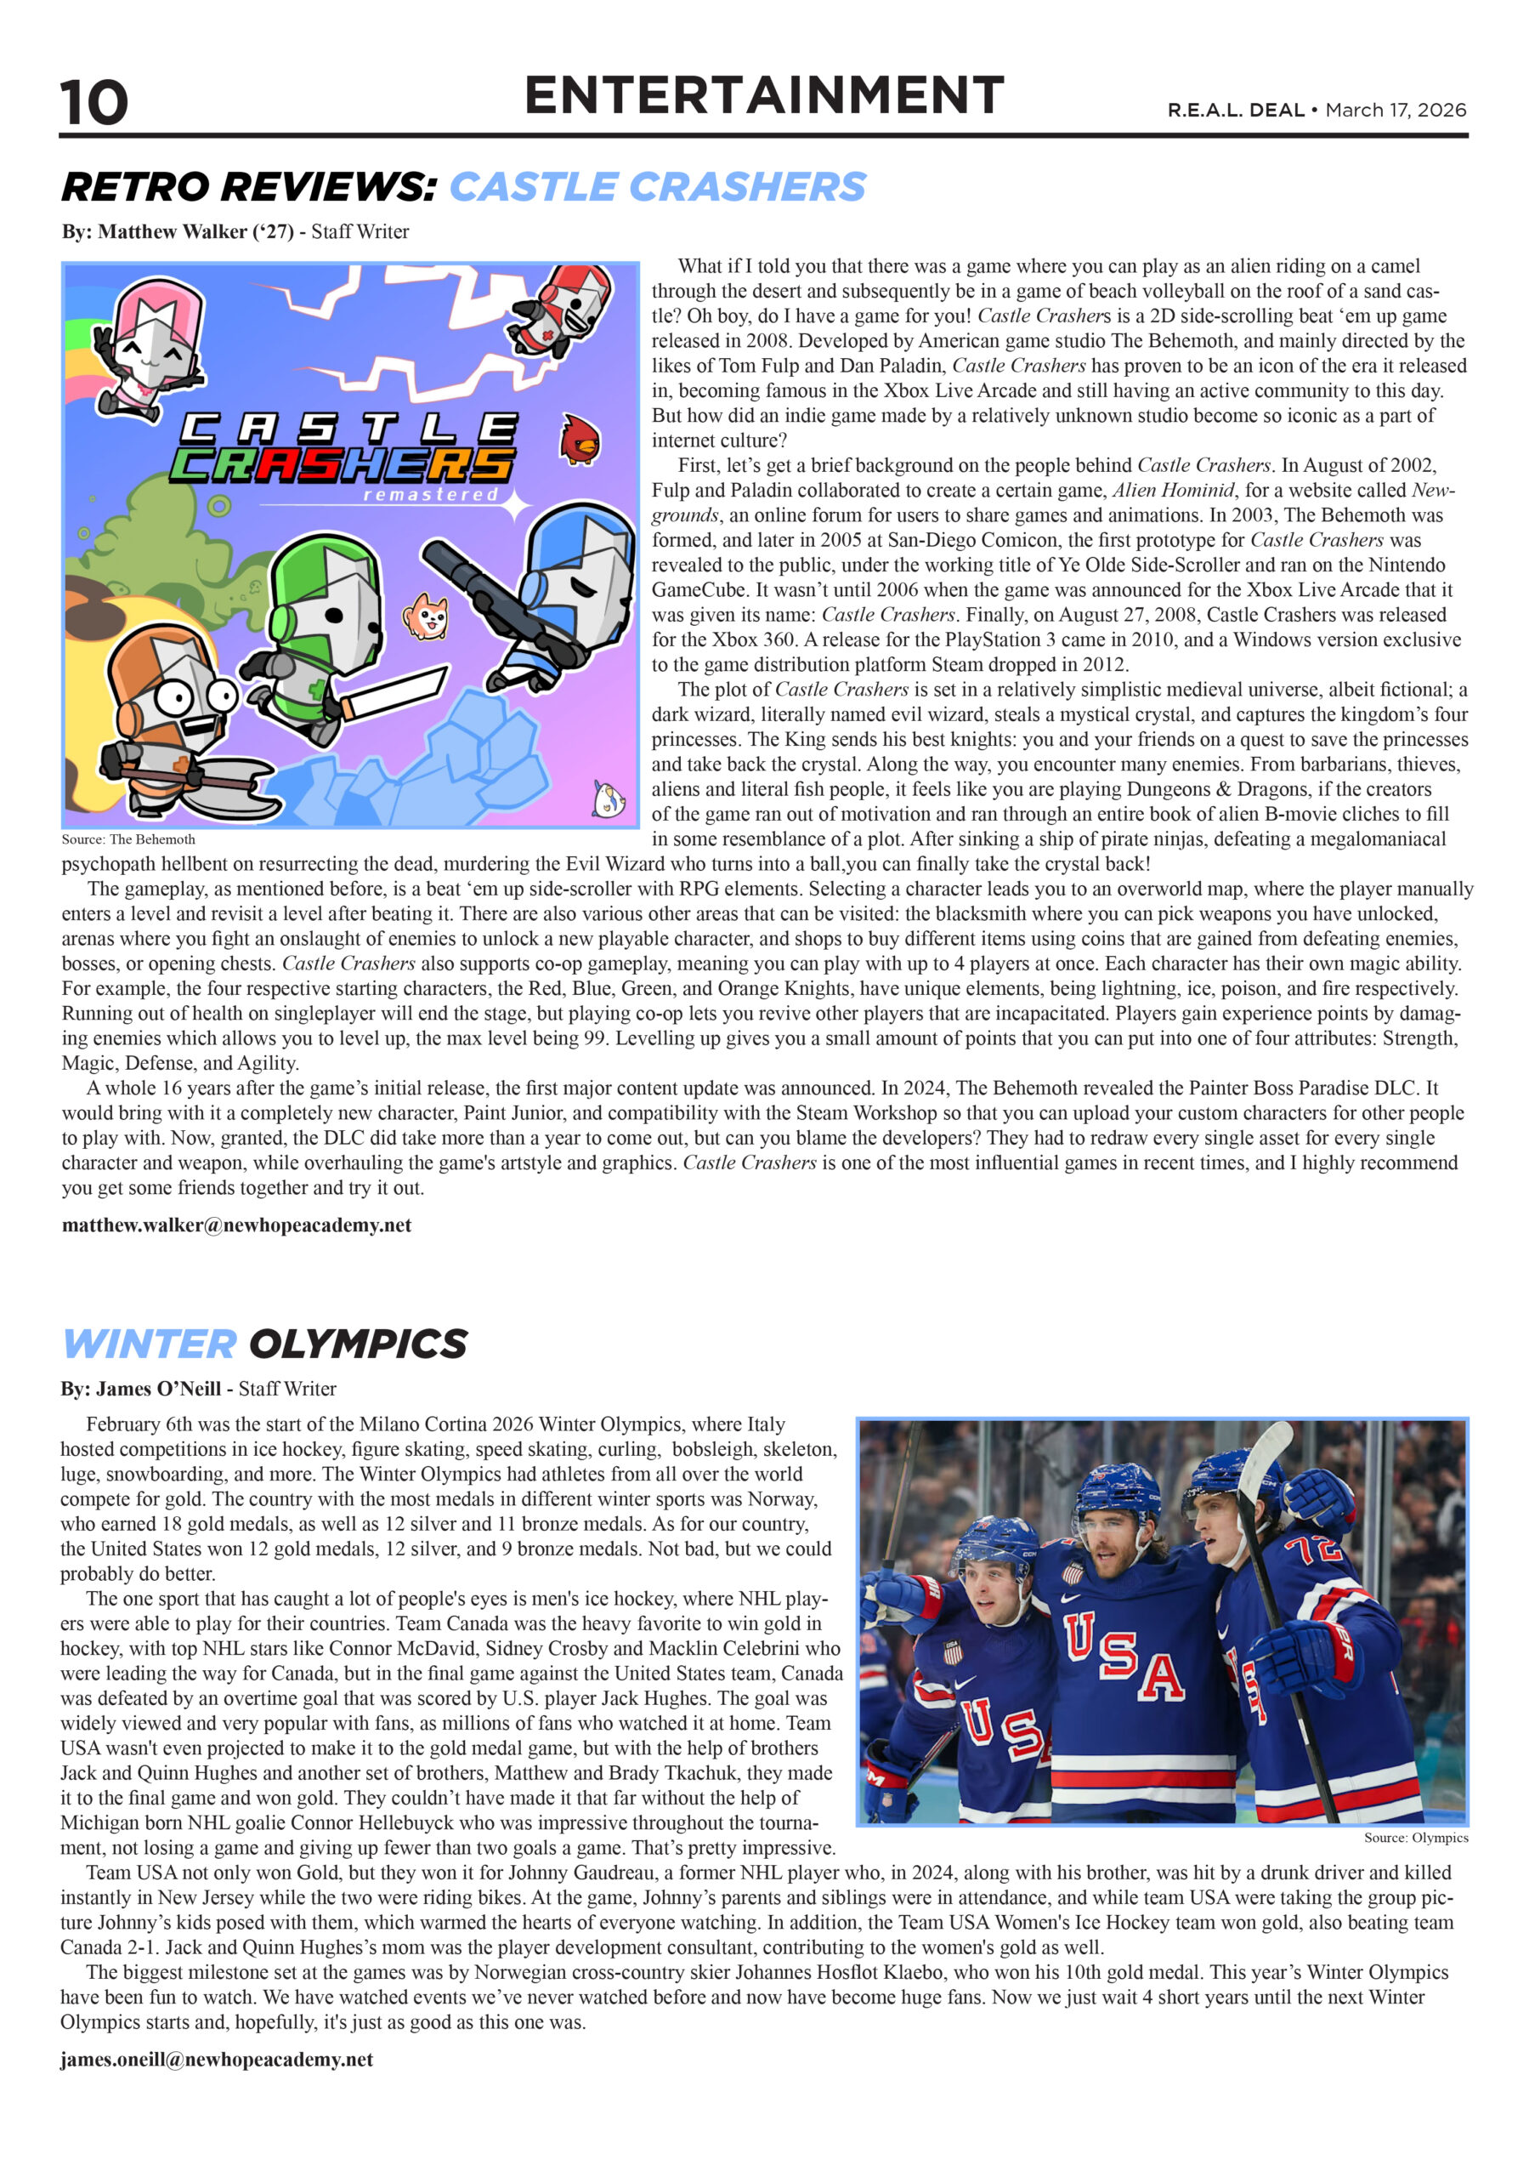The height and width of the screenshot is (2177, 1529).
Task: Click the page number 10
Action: point(93,102)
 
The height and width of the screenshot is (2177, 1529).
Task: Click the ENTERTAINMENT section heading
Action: point(764,96)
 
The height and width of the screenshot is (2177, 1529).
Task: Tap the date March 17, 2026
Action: point(1396,110)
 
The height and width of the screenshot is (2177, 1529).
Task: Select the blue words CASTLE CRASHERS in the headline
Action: point(657,187)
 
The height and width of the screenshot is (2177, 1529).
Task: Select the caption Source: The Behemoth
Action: point(128,839)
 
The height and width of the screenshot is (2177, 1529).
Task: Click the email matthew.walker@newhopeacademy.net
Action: point(236,1225)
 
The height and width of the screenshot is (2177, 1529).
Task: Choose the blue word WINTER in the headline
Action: point(149,1344)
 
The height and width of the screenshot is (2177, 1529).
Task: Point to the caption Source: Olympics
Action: point(1415,1838)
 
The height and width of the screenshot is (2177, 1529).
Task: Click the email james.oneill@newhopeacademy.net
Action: point(216,2060)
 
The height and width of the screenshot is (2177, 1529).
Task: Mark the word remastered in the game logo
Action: point(430,495)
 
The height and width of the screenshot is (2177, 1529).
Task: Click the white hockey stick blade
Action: point(1266,1465)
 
